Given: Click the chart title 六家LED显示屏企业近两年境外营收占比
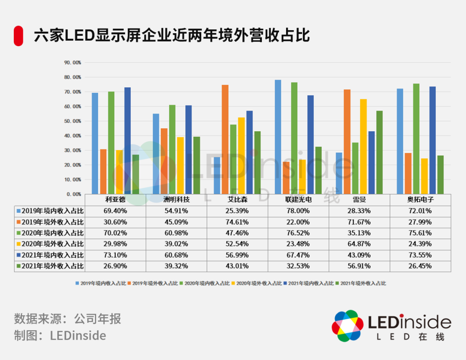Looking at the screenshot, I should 172,35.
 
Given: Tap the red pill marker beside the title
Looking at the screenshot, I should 18,36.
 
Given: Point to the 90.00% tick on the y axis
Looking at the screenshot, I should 72,63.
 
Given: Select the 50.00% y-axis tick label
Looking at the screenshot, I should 72,121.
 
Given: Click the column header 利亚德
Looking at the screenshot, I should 115,200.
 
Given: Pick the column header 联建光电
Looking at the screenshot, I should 298,200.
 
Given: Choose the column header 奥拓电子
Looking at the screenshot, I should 420,200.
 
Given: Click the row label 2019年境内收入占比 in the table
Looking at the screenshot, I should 50,211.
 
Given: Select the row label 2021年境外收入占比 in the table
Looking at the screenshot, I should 50,266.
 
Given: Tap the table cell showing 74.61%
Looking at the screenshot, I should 237,222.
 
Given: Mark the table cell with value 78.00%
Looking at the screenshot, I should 298,211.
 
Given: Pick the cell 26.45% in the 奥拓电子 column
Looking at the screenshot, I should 420,266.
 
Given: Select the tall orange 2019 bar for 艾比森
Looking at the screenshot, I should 225,139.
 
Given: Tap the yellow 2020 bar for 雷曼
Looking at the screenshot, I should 363,146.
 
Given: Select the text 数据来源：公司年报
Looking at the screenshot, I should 67,319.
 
